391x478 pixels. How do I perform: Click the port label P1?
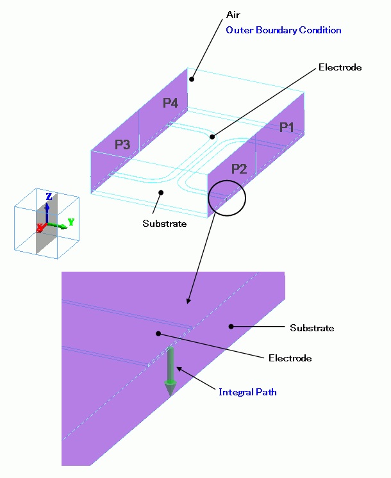pyautogui.click(x=287, y=127)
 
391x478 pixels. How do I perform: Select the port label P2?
pyautogui.click(x=238, y=169)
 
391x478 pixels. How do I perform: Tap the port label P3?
pyautogui.click(x=122, y=145)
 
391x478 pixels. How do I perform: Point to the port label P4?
pyautogui.click(x=170, y=103)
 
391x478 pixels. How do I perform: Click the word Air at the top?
pyautogui.click(x=233, y=14)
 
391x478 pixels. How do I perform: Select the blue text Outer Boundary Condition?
pyautogui.click(x=283, y=30)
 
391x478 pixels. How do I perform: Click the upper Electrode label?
pyautogui.click(x=340, y=67)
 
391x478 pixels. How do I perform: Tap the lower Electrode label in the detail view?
pyautogui.click(x=290, y=358)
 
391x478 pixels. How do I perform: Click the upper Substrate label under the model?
pyautogui.click(x=165, y=224)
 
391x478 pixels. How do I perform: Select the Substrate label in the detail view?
pyautogui.click(x=312, y=328)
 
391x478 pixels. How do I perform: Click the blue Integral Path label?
pyautogui.click(x=247, y=391)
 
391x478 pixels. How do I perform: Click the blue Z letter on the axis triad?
pyautogui.click(x=49, y=197)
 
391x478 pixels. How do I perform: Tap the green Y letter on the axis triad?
pyautogui.click(x=71, y=222)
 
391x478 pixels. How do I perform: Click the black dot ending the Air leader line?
pyautogui.click(x=191, y=80)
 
